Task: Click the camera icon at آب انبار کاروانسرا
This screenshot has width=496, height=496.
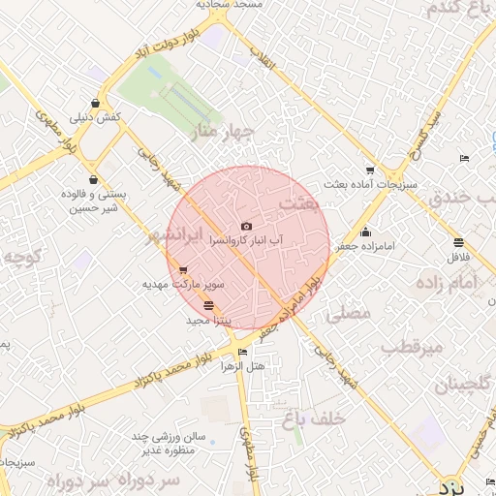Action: pyautogui.click(x=246, y=227)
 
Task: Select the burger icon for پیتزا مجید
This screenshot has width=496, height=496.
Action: pyautogui.click(x=208, y=305)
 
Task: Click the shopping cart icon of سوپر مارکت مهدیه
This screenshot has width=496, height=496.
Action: pyautogui.click(x=183, y=270)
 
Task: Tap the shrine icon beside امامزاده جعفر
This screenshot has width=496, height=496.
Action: pyautogui.click(x=365, y=232)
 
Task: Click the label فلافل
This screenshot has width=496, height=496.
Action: pyautogui.click(x=458, y=259)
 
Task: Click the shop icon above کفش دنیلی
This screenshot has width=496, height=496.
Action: pyautogui.click(x=94, y=103)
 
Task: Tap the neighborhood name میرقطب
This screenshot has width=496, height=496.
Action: pyautogui.click(x=411, y=346)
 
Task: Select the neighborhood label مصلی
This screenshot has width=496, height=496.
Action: pyautogui.click(x=350, y=313)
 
